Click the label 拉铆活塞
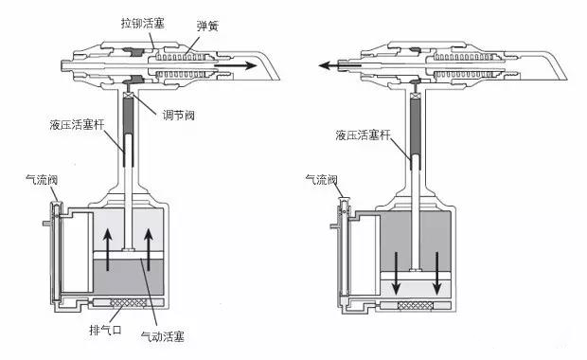point(142,21)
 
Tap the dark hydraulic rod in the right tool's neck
point(413,128)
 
